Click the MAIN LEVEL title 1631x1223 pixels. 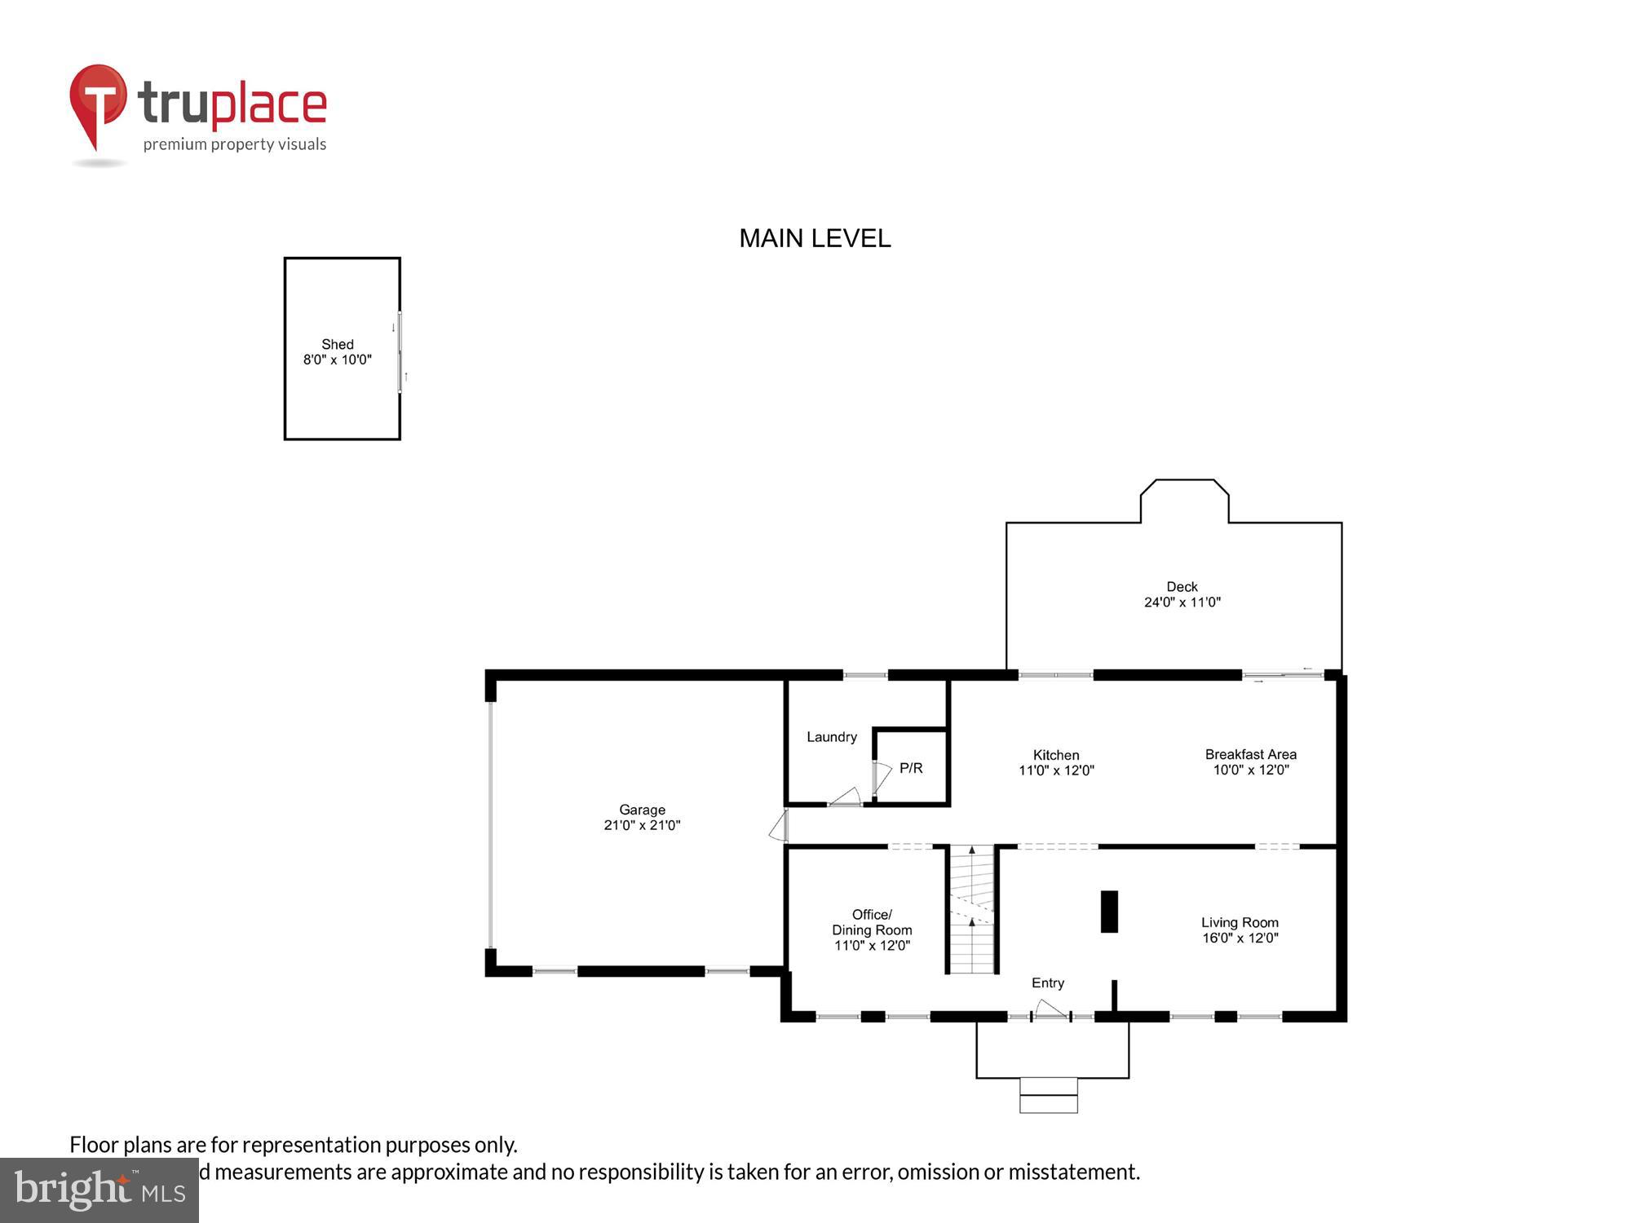pyautogui.click(x=815, y=238)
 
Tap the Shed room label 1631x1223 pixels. pyautogui.click(x=337, y=344)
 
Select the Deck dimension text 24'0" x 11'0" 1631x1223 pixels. pyautogui.click(x=1182, y=603)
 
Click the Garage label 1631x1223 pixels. pyautogui.click(x=642, y=810)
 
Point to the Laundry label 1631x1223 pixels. pyautogui.click(x=831, y=737)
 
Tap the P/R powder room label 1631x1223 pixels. pyautogui.click(x=911, y=768)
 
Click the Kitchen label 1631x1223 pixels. pyautogui.click(x=1055, y=755)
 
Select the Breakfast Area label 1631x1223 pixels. pyautogui.click(x=1250, y=754)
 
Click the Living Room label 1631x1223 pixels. pyautogui.click(x=1239, y=922)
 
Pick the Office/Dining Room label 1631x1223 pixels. pyautogui.click(x=871, y=922)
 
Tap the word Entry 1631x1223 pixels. pyautogui.click(x=1047, y=982)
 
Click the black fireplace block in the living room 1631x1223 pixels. pyautogui.click(x=1109, y=911)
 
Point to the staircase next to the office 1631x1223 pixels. pyautogui.click(x=972, y=909)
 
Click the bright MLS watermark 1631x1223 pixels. pyautogui.click(x=99, y=1190)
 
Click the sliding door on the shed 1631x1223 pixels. pyautogui.click(x=400, y=352)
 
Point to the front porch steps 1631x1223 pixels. pyautogui.click(x=1048, y=1095)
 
